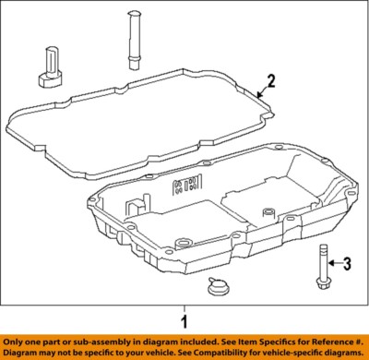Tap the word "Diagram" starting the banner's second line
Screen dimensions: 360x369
coord(21,352)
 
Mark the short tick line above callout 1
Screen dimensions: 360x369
coord(184,307)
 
